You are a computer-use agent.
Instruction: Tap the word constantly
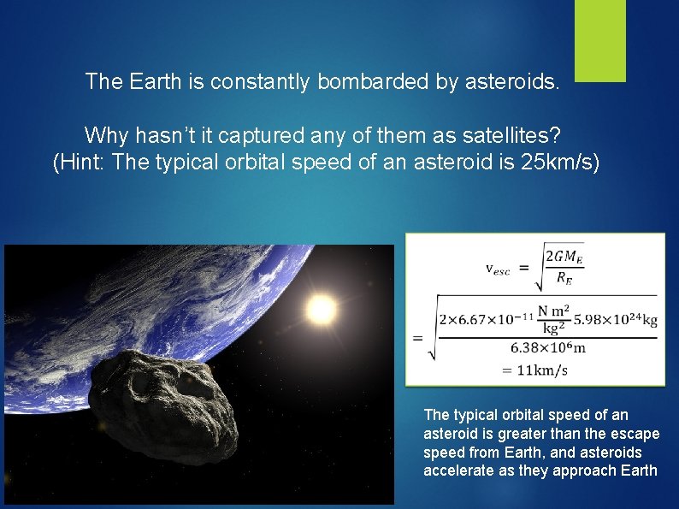[x=262, y=82]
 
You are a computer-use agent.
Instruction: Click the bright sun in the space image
[x=321, y=310]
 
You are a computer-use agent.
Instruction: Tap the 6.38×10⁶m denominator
[x=548, y=348]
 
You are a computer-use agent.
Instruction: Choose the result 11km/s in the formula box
[x=537, y=370]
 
